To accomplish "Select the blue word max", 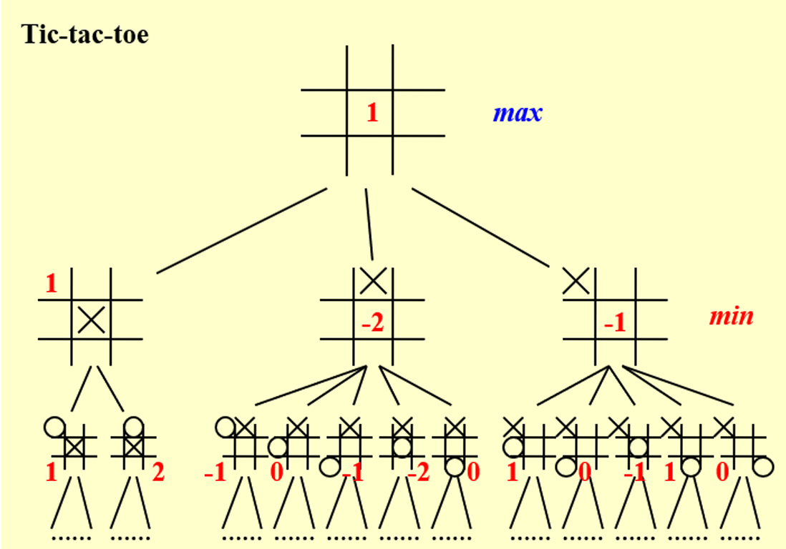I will [517, 112].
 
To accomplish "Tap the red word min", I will [731, 315].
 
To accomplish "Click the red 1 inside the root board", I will [372, 112].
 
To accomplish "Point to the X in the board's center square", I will [91, 318].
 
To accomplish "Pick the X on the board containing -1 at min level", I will [576, 280].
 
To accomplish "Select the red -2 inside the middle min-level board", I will [372, 325].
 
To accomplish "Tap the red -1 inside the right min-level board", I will [614, 325].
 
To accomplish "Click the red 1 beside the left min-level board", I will [51, 284].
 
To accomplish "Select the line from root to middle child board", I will [369, 223].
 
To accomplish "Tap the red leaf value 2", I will [157, 472].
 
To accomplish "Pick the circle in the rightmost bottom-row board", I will [763, 466].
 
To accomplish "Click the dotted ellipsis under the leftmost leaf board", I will [71, 536].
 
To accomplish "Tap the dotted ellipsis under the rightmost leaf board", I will [739, 536].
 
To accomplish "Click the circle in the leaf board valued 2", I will [132, 427].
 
